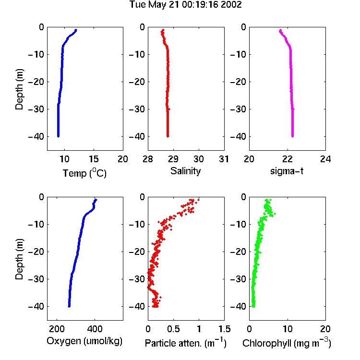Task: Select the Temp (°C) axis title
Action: pos(84,173)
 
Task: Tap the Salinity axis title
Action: pos(185,171)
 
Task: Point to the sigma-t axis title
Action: pos(287,171)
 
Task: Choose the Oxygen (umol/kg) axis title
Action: pos(84,341)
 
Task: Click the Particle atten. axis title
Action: pos(185,343)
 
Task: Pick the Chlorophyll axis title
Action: pos(287,343)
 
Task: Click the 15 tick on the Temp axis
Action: pos(94,159)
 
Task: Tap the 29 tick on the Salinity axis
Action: pos(173,159)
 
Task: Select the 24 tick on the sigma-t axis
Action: pos(325,159)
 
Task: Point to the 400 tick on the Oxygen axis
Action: pos(95,329)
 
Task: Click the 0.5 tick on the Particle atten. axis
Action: pos(173,329)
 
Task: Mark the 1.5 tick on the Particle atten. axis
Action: pos(224,329)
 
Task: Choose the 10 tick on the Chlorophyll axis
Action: pos(288,329)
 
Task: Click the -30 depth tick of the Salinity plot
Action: pos(137,109)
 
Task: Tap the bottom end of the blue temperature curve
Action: pos(58,136)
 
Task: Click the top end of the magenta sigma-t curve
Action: pos(280,30)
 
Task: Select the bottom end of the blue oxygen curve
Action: pos(69,306)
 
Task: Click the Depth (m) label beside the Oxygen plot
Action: pos(19,259)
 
